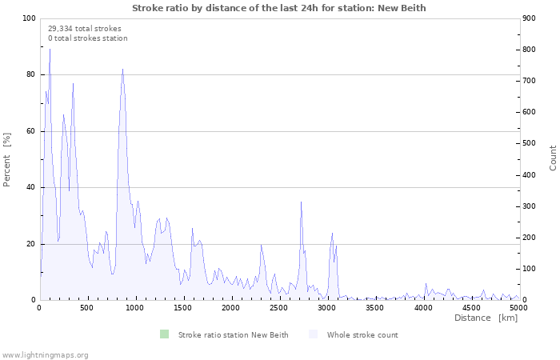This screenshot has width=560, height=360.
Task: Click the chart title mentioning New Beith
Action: (x=279, y=8)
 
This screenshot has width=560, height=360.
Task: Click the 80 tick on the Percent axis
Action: (x=31, y=74)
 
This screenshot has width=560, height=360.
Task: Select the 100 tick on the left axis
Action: (x=29, y=18)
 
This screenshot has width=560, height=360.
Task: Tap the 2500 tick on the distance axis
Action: (x=279, y=308)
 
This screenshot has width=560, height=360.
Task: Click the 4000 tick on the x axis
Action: (x=423, y=308)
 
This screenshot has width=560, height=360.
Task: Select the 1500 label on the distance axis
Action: (x=183, y=308)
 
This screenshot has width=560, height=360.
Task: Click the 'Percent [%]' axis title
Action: (x=7, y=160)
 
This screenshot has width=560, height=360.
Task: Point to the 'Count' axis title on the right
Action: (x=553, y=158)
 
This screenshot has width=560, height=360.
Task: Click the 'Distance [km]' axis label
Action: (x=486, y=318)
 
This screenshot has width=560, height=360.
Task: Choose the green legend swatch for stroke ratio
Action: (x=164, y=334)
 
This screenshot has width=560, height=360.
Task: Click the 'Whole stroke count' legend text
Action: (x=362, y=334)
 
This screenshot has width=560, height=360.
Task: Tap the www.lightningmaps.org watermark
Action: (x=45, y=354)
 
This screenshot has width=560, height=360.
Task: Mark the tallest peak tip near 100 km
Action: (x=50, y=49)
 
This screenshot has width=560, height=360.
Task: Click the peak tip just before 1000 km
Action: (x=122, y=69)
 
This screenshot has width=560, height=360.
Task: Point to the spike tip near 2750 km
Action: (x=301, y=202)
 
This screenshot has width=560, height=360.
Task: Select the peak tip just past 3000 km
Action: (x=332, y=233)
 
